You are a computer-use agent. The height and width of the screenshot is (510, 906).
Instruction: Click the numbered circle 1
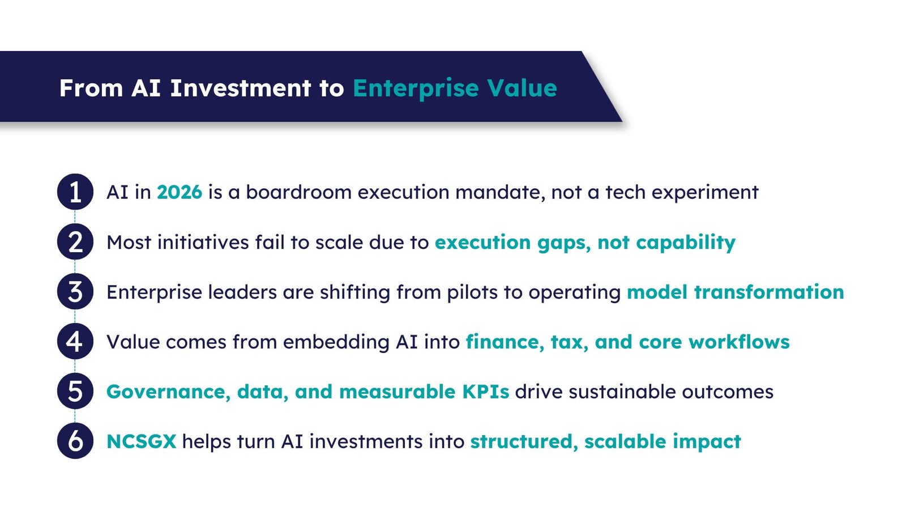click(75, 192)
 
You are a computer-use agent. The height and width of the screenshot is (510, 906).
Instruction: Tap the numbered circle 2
click(75, 242)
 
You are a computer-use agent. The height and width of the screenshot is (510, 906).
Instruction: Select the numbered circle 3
click(75, 292)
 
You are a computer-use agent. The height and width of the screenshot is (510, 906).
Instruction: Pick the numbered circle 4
click(75, 342)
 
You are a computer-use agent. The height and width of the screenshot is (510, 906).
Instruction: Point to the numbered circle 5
click(75, 392)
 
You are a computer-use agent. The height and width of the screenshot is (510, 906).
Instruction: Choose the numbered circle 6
click(75, 441)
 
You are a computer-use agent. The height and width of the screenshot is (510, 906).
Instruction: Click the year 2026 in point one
click(180, 193)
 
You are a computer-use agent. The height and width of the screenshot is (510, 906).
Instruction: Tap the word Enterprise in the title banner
click(416, 88)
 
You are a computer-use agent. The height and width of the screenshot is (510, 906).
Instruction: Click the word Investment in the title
click(241, 88)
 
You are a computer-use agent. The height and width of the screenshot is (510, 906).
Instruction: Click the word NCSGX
click(142, 441)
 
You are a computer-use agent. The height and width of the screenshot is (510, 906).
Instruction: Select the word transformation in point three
click(769, 292)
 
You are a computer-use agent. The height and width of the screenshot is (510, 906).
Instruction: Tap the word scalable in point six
click(625, 441)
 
